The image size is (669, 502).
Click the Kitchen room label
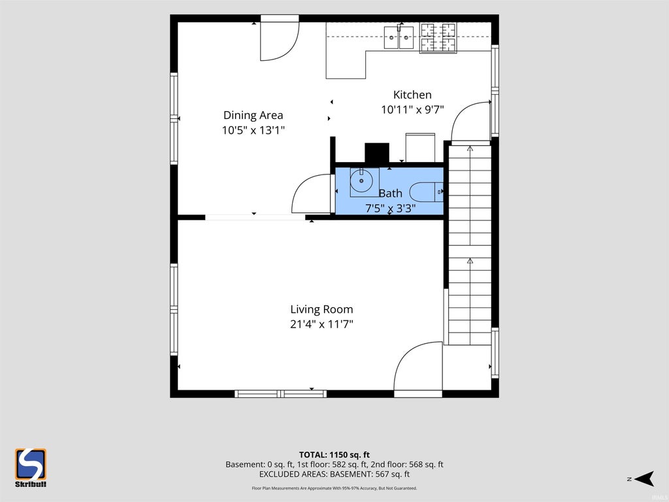(x=412, y=94)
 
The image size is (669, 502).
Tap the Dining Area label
(x=253, y=115)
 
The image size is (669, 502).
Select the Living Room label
(x=321, y=309)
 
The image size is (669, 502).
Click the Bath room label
(x=391, y=193)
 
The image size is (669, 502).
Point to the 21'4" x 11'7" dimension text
(x=321, y=324)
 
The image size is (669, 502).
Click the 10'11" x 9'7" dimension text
(x=412, y=110)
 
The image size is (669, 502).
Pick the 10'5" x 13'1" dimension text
(x=253, y=130)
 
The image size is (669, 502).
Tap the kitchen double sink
(x=399, y=37)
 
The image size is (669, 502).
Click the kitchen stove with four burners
(x=438, y=37)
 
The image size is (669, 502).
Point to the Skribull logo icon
(x=31, y=464)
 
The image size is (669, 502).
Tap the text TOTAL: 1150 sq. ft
(x=334, y=455)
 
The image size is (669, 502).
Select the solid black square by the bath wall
(x=377, y=153)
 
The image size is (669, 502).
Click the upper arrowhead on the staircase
(x=470, y=148)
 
